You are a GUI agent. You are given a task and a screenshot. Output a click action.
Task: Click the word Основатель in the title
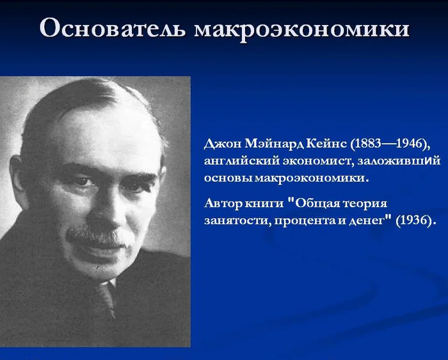112,28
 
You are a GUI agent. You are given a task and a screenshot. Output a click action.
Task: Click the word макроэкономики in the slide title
301,29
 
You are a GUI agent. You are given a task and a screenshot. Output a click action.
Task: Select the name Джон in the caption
223,144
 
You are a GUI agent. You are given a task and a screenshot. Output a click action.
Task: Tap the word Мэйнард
275,144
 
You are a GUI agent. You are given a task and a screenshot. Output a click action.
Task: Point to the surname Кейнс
326,144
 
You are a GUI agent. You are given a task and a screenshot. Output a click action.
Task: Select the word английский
242,161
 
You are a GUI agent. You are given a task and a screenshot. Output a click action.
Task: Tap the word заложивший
399,161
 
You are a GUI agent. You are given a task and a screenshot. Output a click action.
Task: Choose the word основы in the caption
228,178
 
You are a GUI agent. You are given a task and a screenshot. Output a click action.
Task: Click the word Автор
223,203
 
